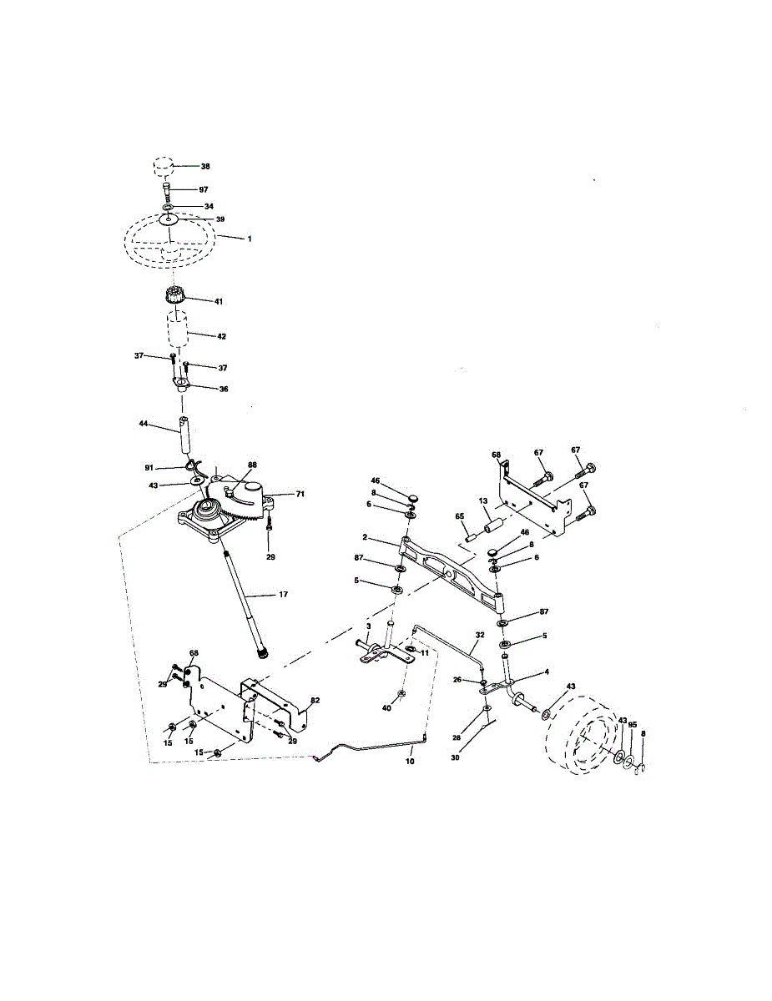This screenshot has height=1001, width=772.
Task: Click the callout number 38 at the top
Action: (205, 166)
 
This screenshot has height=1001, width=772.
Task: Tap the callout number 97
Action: (204, 190)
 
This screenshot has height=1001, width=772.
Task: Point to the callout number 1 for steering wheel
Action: (250, 239)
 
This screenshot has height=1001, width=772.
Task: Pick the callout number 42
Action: (221, 336)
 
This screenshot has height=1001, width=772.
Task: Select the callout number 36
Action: (224, 390)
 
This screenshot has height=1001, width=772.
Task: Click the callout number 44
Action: (144, 424)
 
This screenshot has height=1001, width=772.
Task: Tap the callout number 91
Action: (149, 468)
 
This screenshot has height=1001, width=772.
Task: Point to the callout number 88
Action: (252, 465)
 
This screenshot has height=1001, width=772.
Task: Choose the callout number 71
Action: (300, 494)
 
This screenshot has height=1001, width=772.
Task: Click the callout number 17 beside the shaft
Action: (284, 594)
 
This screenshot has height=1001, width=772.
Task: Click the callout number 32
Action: (480, 635)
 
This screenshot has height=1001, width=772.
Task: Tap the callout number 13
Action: (482, 501)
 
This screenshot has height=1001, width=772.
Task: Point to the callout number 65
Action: (460, 516)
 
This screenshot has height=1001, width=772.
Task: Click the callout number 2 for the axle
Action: (365, 537)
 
